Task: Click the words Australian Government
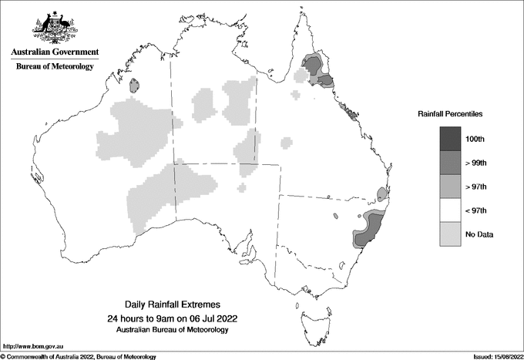[x=54, y=52]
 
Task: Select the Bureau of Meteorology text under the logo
[x=54, y=67]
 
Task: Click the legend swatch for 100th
[x=450, y=139]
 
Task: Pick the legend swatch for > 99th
[x=450, y=163]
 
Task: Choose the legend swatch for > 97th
[x=450, y=187]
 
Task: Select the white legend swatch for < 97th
[x=450, y=210]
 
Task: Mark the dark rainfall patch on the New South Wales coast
[x=368, y=230]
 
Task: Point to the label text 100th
[x=475, y=139]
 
